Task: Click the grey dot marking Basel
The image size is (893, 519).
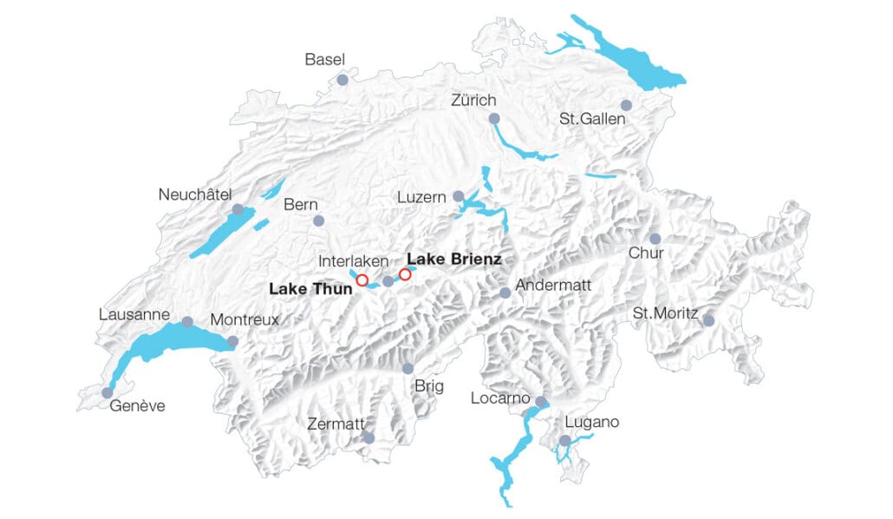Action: (342, 79)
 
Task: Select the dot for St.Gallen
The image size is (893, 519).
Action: (626, 105)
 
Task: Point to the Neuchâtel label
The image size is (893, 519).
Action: (195, 194)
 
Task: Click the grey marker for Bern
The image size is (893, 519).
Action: (318, 220)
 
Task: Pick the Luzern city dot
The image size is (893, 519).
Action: (459, 196)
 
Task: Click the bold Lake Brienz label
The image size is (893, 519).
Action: (454, 259)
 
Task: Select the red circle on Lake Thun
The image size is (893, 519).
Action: (362, 280)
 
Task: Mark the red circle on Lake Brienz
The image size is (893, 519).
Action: (405, 274)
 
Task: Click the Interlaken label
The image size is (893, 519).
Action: (353, 261)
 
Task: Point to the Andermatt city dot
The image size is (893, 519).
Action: (505, 292)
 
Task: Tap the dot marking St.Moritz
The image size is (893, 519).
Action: (708, 320)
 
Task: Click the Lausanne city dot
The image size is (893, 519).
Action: (187, 322)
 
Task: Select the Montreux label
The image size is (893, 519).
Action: (244, 319)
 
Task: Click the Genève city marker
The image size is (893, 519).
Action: (108, 392)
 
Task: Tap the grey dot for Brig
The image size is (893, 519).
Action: (407, 369)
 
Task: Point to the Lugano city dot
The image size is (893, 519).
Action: (564, 441)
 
